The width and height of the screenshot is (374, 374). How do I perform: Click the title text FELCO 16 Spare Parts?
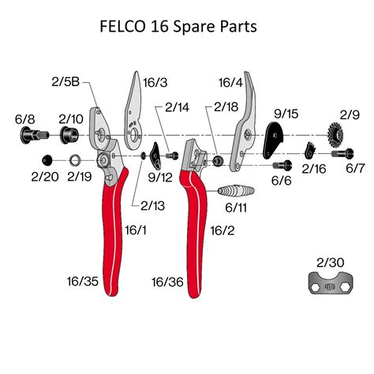[x=187, y=27]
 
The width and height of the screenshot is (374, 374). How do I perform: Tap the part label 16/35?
[x=84, y=280]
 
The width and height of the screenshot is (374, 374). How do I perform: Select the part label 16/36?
[x=167, y=280]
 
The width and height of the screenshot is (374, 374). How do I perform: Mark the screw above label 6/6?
[x=282, y=165]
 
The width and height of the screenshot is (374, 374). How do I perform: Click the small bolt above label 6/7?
[x=348, y=155]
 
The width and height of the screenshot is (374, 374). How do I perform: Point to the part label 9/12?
[x=158, y=177]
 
